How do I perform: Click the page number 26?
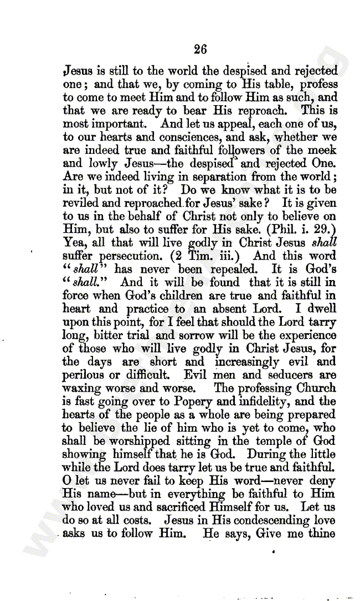pyautogui.click(x=200, y=49)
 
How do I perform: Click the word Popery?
pyautogui.click(x=214, y=401)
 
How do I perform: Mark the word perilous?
pyautogui.click(x=83, y=375)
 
